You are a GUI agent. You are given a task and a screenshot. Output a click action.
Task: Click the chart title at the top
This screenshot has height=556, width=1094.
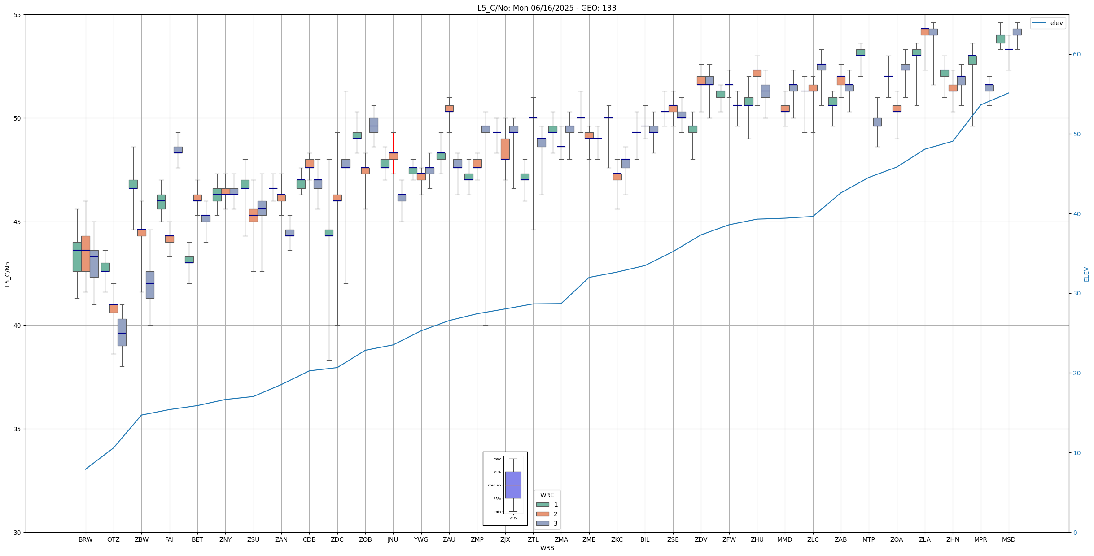pyautogui.click(x=547, y=8)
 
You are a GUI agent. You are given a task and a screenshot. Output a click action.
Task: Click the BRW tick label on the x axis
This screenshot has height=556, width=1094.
pyautogui.click(x=85, y=539)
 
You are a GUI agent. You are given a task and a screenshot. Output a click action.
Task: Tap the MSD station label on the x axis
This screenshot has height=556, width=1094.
pyautogui.click(x=1009, y=539)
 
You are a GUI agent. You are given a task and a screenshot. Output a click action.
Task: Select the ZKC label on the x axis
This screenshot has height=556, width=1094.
pyautogui.click(x=617, y=539)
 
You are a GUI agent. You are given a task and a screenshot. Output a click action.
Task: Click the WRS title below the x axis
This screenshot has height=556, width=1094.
pyautogui.click(x=547, y=548)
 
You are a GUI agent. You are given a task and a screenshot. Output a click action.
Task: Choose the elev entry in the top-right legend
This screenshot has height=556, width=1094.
pyautogui.click(x=1056, y=23)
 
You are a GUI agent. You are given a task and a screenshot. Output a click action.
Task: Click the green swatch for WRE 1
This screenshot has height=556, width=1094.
pyautogui.click(x=543, y=504)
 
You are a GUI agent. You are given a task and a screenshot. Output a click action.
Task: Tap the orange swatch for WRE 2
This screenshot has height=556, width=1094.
pyautogui.click(x=543, y=514)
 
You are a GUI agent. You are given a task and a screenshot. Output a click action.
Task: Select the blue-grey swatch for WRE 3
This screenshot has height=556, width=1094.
pyautogui.click(x=543, y=523)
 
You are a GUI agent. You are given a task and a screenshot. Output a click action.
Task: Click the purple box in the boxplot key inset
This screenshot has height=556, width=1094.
pyautogui.click(x=513, y=485)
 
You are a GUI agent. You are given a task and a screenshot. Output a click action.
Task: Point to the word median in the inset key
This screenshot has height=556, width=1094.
pyautogui.click(x=494, y=485)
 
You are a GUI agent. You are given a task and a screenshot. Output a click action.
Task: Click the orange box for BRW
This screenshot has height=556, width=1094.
pyautogui.click(x=85, y=254)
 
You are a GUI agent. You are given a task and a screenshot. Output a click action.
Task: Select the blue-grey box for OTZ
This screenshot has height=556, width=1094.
pyautogui.click(x=122, y=332)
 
